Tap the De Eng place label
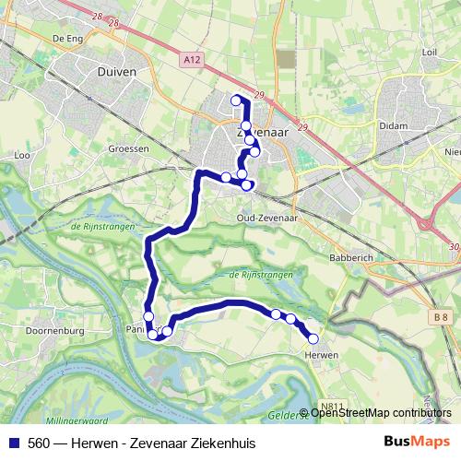(68, 39)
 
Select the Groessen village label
(128, 148)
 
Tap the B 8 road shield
(443, 318)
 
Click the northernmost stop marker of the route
(235, 100)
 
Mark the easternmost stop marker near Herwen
(313, 338)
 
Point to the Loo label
(23, 156)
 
